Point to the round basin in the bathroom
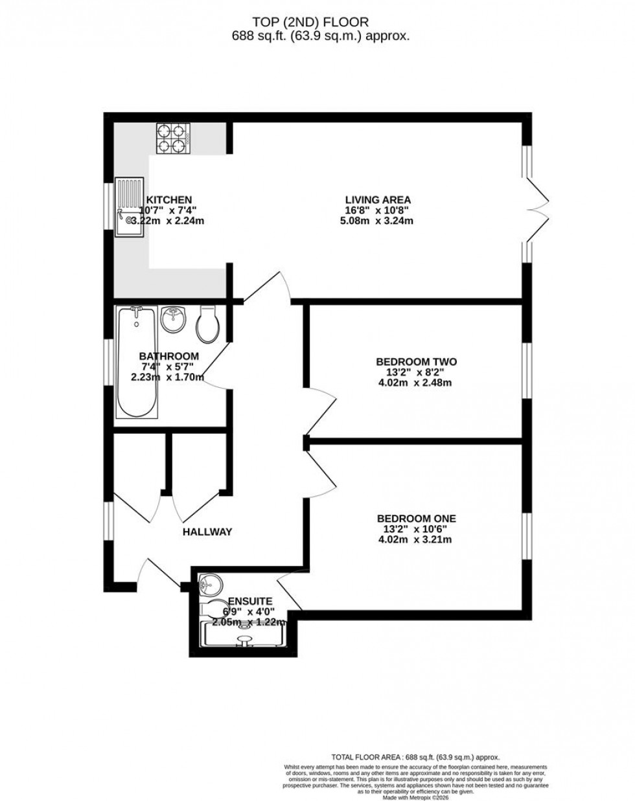point(173,319)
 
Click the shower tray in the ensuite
point(244,635)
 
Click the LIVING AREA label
point(378,199)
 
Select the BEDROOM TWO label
point(417,361)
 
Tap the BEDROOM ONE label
point(417,518)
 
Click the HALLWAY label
point(207,532)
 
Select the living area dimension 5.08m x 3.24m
point(378,221)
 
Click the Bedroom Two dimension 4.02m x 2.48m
point(417,383)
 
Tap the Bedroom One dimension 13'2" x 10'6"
point(417,528)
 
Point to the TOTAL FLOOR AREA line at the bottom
point(415,756)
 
